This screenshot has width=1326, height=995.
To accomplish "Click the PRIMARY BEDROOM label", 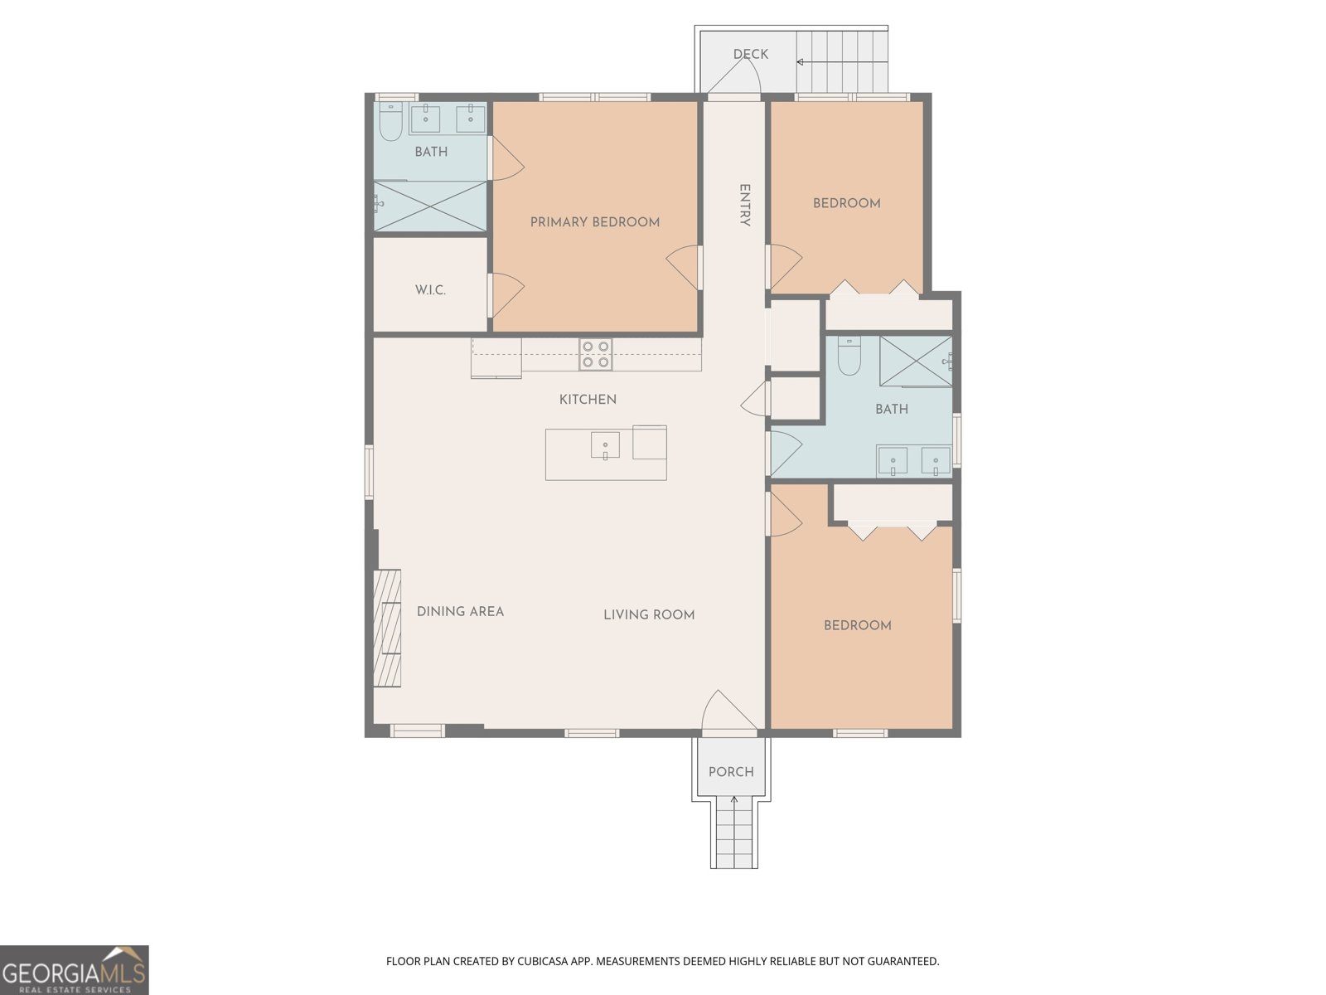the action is point(594,222).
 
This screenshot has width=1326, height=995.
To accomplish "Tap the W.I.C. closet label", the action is point(430,290).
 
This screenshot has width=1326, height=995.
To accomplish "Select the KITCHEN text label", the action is point(588,400).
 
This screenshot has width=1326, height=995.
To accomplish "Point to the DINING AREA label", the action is point(460,611).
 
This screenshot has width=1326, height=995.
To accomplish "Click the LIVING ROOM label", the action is point(649,614).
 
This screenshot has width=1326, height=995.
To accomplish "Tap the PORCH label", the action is point(731,771).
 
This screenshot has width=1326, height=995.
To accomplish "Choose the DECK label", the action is point(751,54).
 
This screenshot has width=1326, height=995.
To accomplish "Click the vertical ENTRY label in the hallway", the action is point(745,206).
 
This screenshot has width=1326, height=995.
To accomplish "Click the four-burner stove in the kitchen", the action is point(596,354).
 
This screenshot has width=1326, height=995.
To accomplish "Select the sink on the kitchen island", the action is point(605,445).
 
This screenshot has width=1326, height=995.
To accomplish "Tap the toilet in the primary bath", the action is point(391,121).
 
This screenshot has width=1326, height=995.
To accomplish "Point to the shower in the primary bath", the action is point(429,206).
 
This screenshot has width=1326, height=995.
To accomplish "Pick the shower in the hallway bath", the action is point(916,362).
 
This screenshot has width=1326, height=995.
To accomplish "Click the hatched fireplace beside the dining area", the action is point(387,628).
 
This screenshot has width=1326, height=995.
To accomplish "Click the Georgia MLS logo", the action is point(74,969).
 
